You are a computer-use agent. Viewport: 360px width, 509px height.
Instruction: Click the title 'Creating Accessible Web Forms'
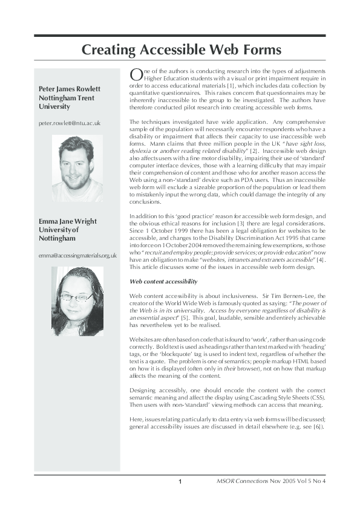[x=182, y=50]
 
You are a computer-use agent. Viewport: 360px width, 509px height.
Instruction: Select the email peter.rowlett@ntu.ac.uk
[x=69, y=123]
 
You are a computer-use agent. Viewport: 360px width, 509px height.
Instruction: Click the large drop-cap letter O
[x=137, y=74]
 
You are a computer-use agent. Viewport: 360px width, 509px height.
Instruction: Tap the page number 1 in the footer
[x=180, y=482]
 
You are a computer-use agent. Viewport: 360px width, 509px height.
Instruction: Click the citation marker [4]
[x=319, y=259]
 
